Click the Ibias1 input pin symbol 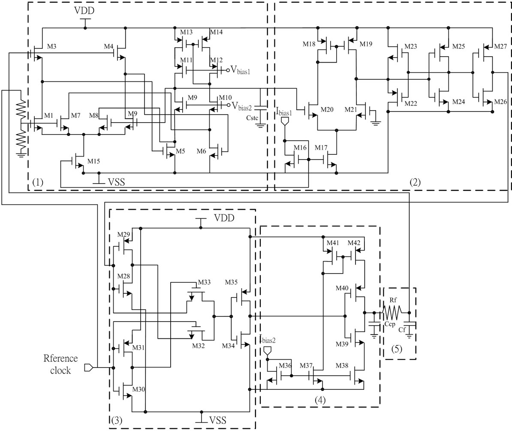pos(284,123)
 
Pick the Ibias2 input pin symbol pos(267,350)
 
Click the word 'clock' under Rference pos(60,371)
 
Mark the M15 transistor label pos(94,161)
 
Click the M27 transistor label pos(501,46)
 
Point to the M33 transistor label pos(204,283)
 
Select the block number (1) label pos(38,182)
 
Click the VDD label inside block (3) pos(224,218)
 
